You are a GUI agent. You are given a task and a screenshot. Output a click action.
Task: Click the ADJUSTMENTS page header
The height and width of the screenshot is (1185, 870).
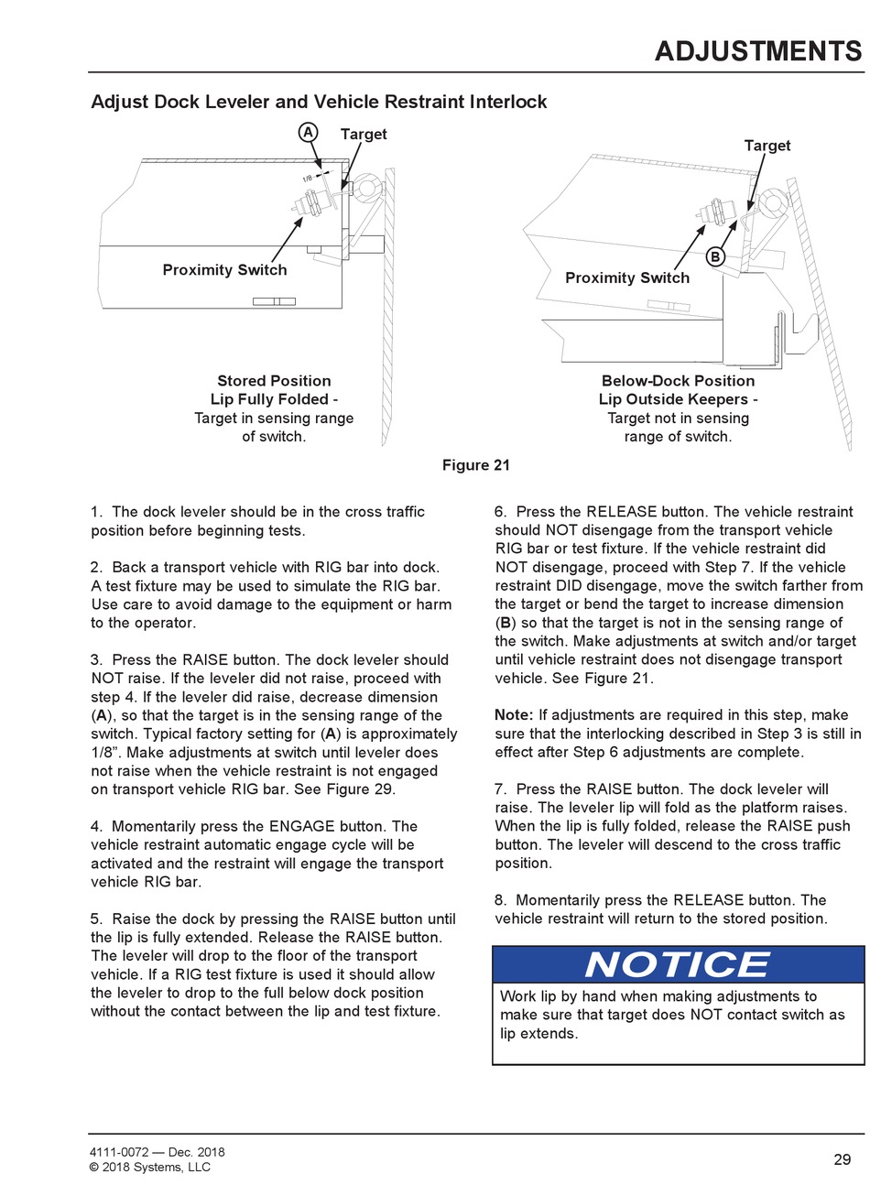(758, 51)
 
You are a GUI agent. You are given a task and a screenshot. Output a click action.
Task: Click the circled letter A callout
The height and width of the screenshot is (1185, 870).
(309, 133)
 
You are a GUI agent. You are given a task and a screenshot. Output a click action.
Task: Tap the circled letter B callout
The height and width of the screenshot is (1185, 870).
(715, 257)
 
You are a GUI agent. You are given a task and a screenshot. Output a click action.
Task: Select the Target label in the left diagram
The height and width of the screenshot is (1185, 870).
(364, 135)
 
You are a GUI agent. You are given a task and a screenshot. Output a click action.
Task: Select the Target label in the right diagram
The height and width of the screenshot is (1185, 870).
(767, 146)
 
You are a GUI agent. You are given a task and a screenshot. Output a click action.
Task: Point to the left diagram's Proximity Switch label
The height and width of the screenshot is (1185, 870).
(224, 270)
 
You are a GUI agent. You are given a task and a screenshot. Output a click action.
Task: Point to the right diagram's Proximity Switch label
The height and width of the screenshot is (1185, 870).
(627, 278)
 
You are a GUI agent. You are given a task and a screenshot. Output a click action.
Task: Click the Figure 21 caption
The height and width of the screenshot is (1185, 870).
(475, 465)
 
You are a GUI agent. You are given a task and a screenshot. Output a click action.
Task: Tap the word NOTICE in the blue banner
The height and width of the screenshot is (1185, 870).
(678, 965)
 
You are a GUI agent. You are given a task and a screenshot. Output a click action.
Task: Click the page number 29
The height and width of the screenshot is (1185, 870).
(843, 1159)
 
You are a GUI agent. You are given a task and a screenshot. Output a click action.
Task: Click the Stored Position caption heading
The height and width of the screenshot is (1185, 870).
(274, 381)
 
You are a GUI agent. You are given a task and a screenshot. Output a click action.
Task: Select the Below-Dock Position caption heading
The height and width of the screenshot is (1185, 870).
(678, 381)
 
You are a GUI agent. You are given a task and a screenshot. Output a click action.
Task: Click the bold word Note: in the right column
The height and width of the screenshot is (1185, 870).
(514, 715)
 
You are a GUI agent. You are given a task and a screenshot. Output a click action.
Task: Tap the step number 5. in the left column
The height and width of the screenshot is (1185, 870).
(97, 919)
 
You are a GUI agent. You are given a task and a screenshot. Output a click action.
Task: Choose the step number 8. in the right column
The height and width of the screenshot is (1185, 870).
(501, 900)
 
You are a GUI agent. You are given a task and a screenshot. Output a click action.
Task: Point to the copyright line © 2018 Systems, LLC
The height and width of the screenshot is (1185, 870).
(150, 1168)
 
